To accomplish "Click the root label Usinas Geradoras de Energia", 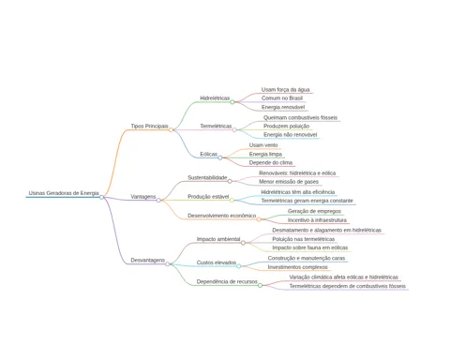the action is coord(64,193).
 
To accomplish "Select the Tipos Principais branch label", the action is coord(149,127).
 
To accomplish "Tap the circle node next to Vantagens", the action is coord(158,200).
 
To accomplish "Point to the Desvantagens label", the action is coord(147,260).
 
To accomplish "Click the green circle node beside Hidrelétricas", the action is coord(232,102).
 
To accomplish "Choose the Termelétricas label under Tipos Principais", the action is coord(216,127).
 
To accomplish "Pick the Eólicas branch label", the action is coord(209,154).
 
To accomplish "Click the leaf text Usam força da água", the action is coord(286,90).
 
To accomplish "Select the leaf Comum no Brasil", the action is coord(282,98).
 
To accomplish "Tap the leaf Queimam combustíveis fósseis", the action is coord(300,117).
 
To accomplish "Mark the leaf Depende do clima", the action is coord(271,163).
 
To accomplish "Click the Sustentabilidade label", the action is coord(207,177).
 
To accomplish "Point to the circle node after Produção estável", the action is coord(232,200).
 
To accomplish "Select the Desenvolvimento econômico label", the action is coord(221,216).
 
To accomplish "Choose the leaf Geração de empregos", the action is coord(314,211).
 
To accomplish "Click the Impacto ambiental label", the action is coord(218,239).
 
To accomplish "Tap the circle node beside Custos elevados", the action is coord(238,266).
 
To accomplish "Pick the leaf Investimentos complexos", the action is coord(297,267).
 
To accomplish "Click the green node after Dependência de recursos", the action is coord(260,285).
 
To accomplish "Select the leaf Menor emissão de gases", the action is coord(289,182).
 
